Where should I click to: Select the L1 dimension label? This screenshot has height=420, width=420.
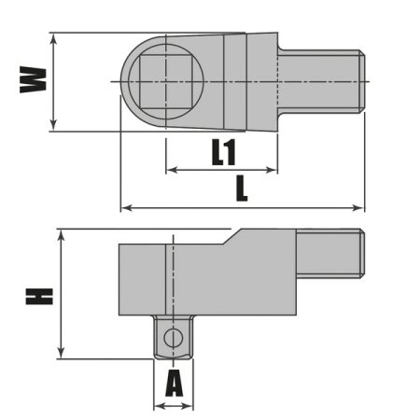coord(223,153)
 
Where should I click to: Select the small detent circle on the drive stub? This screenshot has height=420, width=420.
coord(172,338)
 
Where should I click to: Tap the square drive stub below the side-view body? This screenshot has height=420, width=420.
coord(173,337)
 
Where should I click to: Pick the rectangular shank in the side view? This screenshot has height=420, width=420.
coord(329,254)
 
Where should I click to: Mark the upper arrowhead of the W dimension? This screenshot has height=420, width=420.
coord(54,39)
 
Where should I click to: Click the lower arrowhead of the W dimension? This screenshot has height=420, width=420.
coord(54,126)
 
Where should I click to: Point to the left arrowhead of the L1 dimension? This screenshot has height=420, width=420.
coord(170,171)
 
